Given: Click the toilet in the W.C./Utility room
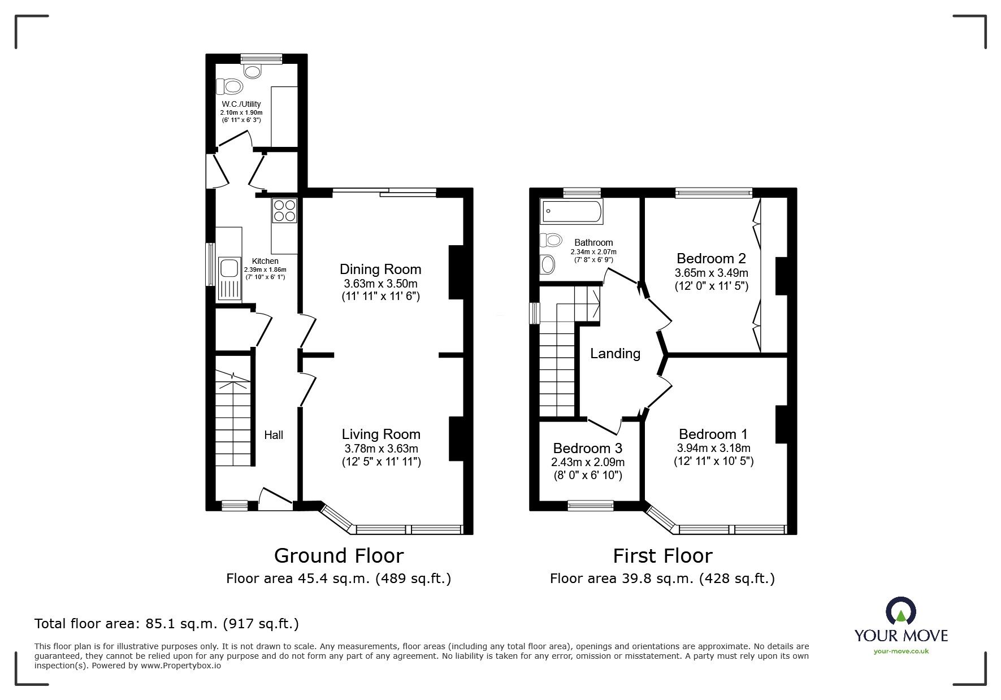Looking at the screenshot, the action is click(229, 86).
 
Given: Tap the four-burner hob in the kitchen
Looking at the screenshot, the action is click(285, 210).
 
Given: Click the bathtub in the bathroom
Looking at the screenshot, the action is click(571, 211).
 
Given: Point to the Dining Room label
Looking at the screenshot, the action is click(380, 269).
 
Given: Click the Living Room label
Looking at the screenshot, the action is click(381, 434).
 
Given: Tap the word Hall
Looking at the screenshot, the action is click(274, 434).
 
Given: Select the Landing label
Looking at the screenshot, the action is click(615, 354).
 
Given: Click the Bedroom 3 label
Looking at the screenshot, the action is click(587, 448).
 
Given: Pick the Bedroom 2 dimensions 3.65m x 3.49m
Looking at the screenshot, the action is click(711, 272).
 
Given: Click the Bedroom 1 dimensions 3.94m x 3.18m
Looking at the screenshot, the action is click(713, 448).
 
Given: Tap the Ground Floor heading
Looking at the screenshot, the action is click(339, 555).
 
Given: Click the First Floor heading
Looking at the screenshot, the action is click(662, 555).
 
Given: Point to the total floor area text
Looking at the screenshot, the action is click(167, 624).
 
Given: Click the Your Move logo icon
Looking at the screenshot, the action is click(900, 611).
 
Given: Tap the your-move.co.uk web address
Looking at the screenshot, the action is click(901, 651).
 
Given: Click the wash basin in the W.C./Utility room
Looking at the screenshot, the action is click(253, 71).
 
